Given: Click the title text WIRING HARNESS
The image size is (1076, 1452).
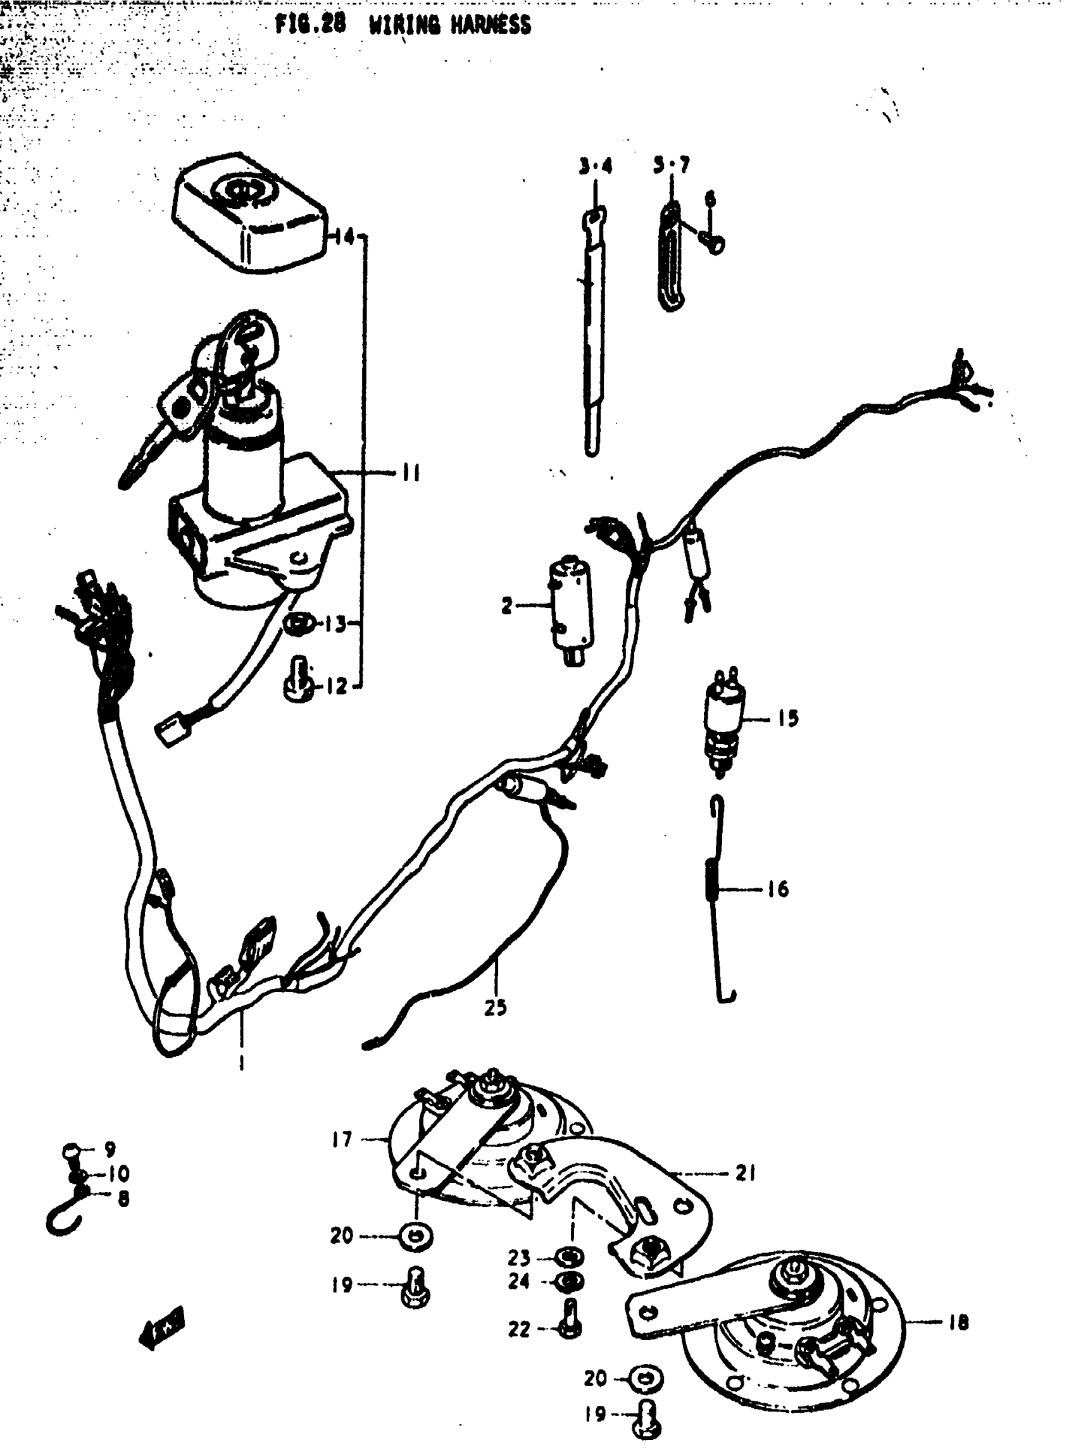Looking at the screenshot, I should (x=449, y=25).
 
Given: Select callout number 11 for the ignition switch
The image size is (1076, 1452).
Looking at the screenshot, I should (x=410, y=473).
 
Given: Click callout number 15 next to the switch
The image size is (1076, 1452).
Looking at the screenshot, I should (x=787, y=719).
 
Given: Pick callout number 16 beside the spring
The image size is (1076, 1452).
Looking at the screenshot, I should (x=778, y=890).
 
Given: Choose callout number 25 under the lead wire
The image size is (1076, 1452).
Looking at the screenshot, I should (x=495, y=1008).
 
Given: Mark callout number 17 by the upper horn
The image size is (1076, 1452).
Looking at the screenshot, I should (x=341, y=1139).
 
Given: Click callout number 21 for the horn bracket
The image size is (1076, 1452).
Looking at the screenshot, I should (x=745, y=1174).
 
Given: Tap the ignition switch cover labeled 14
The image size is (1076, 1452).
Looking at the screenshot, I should (x=251, y=211).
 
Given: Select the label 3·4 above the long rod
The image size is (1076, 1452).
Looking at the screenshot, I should (x=596, y=167).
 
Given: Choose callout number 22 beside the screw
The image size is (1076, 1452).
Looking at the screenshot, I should (x=519, y=1330).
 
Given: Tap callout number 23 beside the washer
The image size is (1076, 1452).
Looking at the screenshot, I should (x=519, y=1257).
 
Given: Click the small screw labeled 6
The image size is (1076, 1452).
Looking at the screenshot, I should (x=715, y=244).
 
